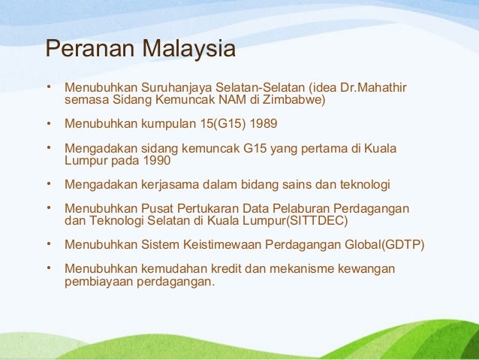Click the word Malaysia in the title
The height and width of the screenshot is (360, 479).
pos(189,50)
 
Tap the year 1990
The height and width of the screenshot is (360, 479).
pos(155,160)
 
